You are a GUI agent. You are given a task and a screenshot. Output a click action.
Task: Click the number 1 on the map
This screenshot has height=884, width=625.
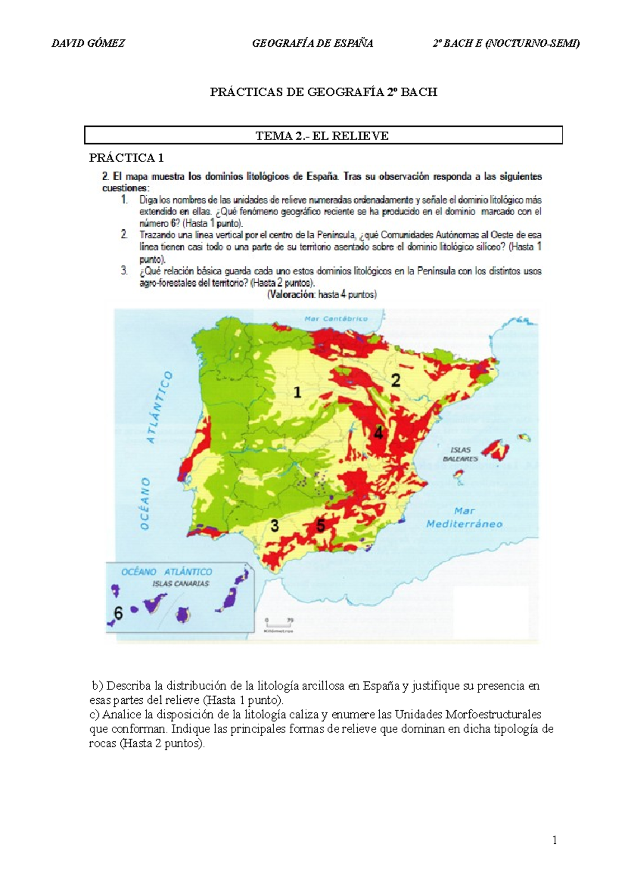click(297, 392)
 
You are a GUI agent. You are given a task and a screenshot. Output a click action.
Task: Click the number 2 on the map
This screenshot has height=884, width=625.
click(396, 381)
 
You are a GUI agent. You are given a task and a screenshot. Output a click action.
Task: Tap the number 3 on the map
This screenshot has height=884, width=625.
click(274, 526)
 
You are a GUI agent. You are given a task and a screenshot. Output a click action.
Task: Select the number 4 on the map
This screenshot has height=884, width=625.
click(379, 432)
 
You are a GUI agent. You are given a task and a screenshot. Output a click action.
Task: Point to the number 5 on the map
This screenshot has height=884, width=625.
click(321, 526)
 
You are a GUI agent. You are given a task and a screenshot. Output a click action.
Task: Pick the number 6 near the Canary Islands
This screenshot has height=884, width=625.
click(119, 614)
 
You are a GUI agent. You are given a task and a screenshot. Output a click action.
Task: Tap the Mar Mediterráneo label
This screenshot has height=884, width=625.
click(464, 517)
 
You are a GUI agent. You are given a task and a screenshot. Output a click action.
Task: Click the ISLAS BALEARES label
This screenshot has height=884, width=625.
click(460, 454)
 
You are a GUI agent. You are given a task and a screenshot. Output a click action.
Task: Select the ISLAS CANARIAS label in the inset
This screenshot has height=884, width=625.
click(180, 584)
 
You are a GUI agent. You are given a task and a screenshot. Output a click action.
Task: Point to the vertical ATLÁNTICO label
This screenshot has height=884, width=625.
click(159, 407)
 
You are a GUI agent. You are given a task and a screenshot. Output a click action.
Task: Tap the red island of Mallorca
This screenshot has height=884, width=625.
click(498, 447)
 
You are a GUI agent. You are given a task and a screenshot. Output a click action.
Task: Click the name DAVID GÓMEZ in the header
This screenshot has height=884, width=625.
click(88, 44)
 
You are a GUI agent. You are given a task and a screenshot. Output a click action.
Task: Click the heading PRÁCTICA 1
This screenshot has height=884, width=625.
click(127, 157)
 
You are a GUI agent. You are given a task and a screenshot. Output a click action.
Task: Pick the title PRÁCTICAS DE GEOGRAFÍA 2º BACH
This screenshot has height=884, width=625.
click(323, 92)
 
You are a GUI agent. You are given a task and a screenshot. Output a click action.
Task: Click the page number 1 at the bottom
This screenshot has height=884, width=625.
click(555, 840)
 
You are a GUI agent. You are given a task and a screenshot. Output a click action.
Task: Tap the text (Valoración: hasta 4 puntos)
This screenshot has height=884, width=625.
click(322, 295)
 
